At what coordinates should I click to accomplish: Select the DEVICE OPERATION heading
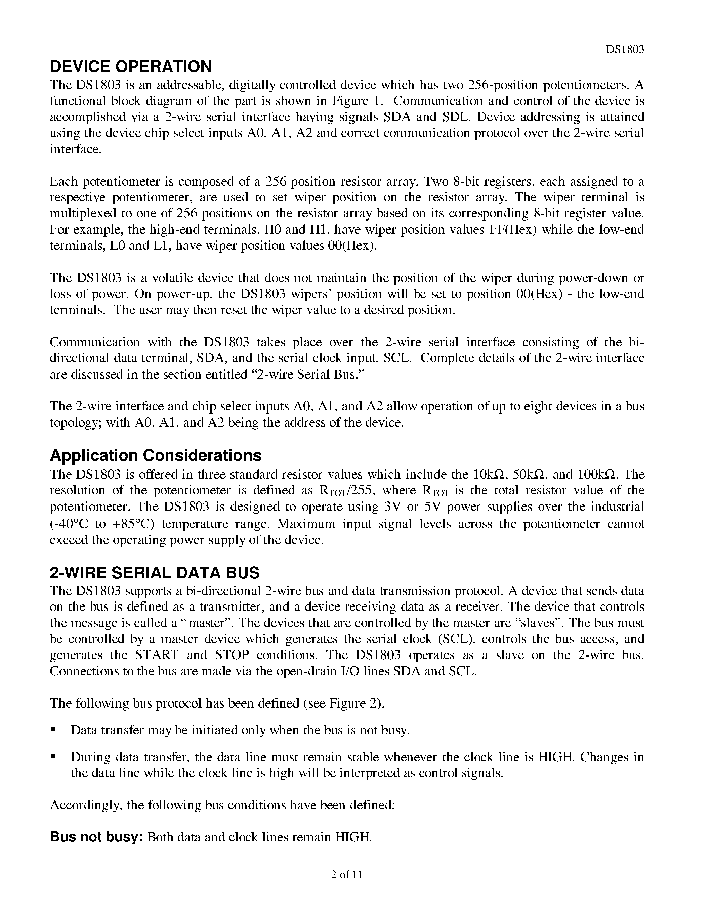tap(131, 67)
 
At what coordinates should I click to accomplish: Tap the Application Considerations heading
tap(155, 455)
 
